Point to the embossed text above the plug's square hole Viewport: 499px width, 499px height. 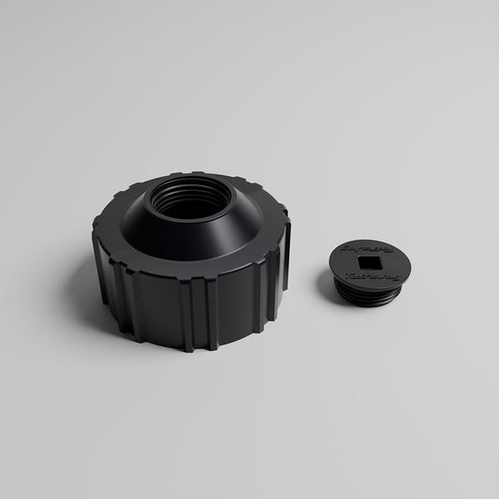(x=367, y=249)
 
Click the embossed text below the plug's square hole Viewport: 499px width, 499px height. (x=373, y=277)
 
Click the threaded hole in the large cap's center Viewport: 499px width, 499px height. (x=190, y=198)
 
